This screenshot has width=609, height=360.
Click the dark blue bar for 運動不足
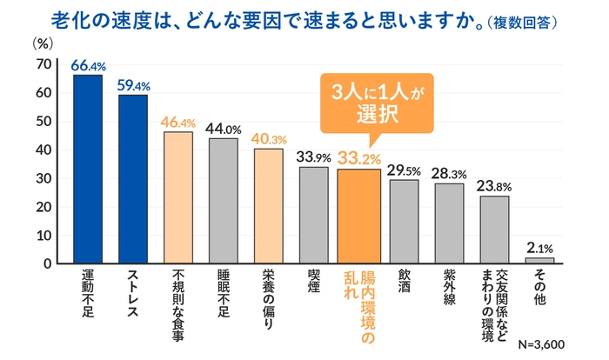point(88,169)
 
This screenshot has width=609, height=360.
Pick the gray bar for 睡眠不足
point(224,200)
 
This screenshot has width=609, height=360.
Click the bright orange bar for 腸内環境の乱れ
point(359,216)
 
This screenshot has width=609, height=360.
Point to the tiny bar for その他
point(540,260)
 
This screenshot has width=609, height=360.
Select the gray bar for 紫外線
point(450,223)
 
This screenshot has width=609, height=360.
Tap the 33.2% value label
point(359,157)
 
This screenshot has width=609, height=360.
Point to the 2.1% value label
point(540,247)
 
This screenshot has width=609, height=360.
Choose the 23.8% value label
point(495,184)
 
